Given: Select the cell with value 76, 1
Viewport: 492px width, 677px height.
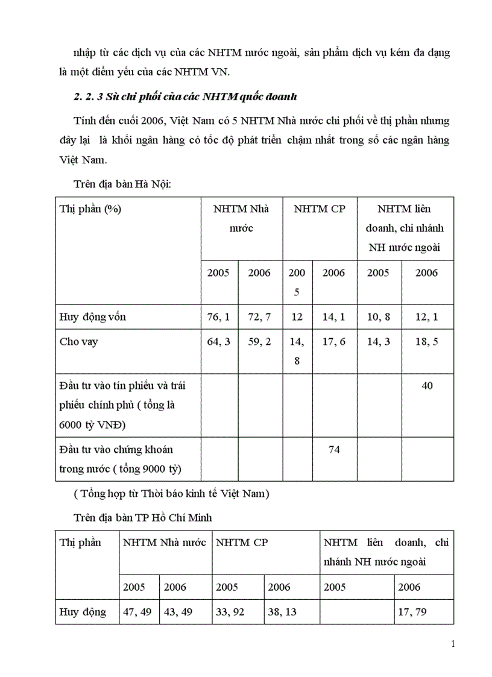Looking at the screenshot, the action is [x=218, y=317].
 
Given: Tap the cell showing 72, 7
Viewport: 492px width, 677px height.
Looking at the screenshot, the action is [x=259, y=317].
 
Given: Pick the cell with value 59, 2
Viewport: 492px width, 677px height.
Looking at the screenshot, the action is [x=259, y=342].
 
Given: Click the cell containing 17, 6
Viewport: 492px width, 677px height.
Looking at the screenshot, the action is [x=333, y=342].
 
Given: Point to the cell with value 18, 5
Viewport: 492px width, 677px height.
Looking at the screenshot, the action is [x=427, y=342].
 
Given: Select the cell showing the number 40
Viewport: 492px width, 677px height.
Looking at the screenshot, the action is [x=427, y=385].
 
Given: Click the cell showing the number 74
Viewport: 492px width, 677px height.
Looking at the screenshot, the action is [x=333, y=450].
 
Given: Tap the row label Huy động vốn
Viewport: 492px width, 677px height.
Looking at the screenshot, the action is [x=93, y=317].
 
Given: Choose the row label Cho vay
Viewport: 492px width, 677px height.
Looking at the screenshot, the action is [x=79, y=342].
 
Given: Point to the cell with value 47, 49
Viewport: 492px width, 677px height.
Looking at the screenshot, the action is [x=139, y=612].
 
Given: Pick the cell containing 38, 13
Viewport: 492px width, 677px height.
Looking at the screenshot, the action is [x=283, y=612].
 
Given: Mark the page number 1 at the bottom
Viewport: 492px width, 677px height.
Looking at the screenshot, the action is [x=453, y=644].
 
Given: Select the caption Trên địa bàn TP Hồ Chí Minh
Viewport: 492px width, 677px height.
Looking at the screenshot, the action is [x=143, y=517].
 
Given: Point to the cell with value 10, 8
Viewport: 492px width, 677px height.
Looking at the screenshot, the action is [x=379, y=317].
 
